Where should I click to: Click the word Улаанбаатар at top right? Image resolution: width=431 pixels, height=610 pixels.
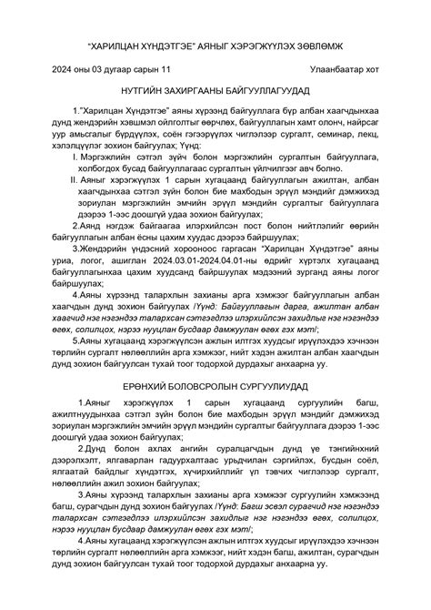coord(337,68)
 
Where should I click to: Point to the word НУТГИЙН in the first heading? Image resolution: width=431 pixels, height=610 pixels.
coord(137,94)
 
